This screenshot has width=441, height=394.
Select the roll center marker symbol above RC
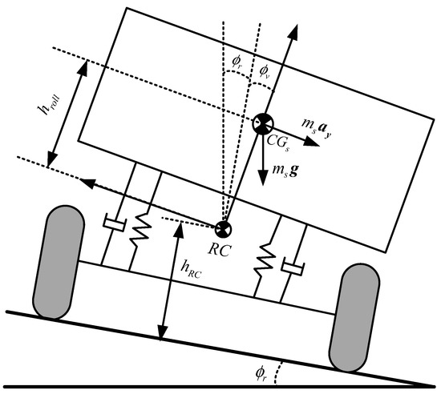(224, 227)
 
